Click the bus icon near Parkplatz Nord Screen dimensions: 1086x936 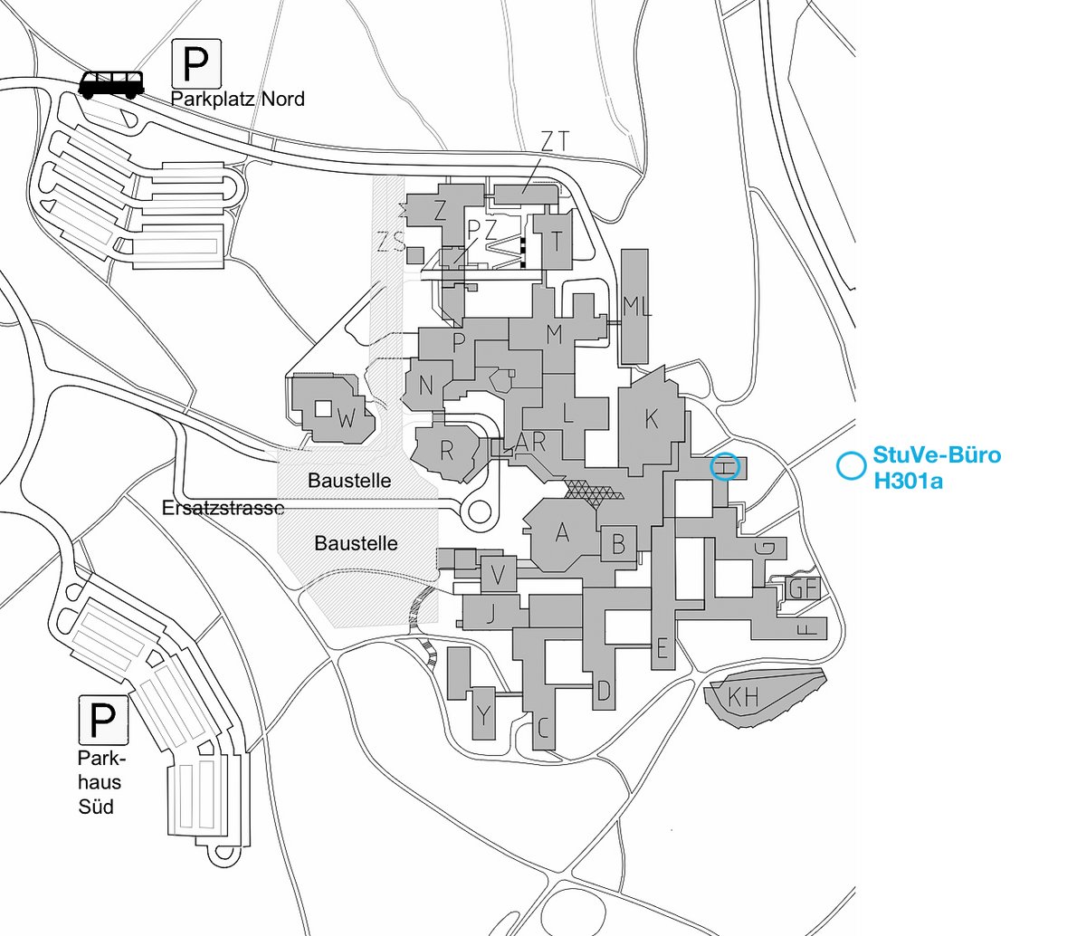tap(111, 85)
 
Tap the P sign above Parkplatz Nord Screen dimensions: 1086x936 tap(196, 63)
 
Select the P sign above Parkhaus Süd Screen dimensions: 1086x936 tap(103, 720)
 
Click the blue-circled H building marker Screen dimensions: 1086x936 tap(725, 467)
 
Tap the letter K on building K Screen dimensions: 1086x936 tap(651, 419)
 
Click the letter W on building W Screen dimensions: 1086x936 tap(347, 419)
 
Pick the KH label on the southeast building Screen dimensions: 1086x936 tap(743, 697)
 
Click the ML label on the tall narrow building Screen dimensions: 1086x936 tap(637, 306)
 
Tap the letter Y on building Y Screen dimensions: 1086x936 tap(483, 715)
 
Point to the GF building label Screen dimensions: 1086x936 tap(804, 589)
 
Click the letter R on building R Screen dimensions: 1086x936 tap(446, 451)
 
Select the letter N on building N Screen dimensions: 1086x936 tap(425, 386)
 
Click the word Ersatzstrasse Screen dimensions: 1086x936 tap(224, 508)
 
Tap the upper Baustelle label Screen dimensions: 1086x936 tap(349, 481)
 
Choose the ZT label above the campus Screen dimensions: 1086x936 tap(555, 141)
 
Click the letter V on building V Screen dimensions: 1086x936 tap(498, 575)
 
